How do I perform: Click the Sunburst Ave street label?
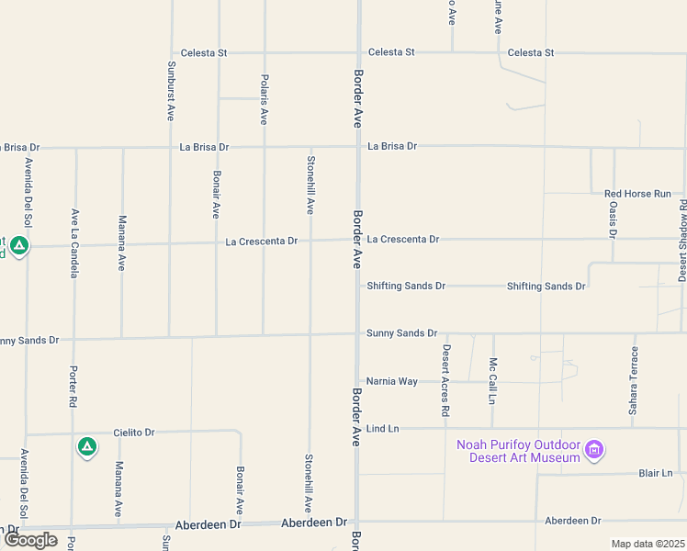(171, 91)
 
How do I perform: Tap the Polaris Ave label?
(264, 99)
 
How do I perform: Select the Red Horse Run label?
(644, 194)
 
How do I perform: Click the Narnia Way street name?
(392, 381)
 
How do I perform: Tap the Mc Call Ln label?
(492, 381)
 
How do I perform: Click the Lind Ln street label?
(382, 429)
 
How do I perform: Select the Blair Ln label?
(656, 473)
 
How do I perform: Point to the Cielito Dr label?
(135, 432)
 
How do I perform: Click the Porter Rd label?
(73, 387)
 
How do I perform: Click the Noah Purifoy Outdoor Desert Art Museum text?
(519, 451)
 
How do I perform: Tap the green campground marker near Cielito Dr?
(86, 446)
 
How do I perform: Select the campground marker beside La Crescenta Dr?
(19, 245)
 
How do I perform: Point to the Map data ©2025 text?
(648, 544)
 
